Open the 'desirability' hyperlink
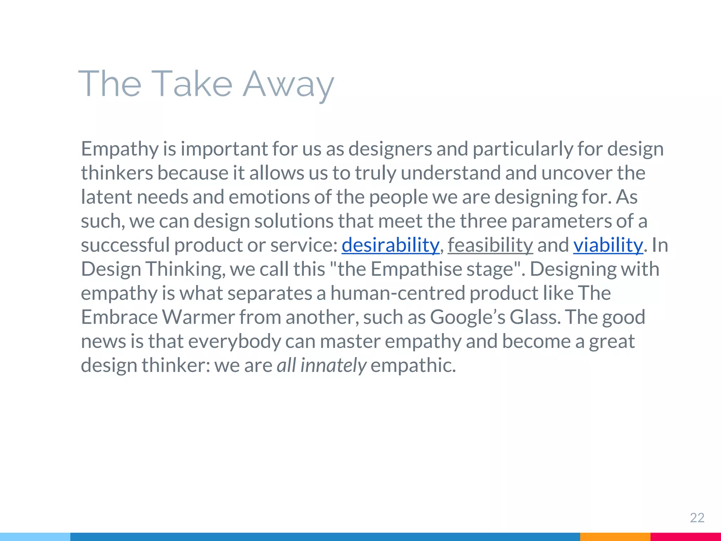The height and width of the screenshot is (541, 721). (390, 245)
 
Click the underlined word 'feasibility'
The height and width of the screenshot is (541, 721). (490, 245)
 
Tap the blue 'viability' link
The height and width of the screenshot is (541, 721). (608, 245)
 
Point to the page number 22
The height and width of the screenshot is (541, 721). (697, 518)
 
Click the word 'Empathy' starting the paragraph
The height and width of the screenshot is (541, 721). (120, 149)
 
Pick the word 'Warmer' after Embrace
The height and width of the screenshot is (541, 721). (198, 317)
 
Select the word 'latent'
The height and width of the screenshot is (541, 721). (106, 197)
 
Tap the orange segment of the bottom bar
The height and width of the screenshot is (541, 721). (615, 537)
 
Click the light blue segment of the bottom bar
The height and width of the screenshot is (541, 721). (35, 537)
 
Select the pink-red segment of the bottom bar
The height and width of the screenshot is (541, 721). (685, 537)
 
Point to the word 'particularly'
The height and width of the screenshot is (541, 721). (523, 149)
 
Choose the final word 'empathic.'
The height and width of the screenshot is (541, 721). (413, 365)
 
